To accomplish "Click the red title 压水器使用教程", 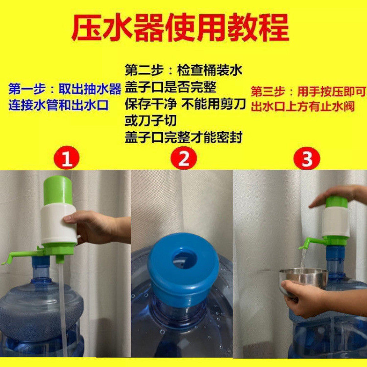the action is [180, 28].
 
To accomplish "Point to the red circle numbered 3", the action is [306, 158].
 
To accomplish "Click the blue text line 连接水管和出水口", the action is [59, 106].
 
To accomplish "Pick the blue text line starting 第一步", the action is [65, 89].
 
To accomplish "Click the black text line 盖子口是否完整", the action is [171, 87].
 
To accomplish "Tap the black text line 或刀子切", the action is [151, 121].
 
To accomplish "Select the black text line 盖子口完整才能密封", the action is [183, 137].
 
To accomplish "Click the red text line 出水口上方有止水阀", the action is [303, 106].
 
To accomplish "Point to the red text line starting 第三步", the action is [308, 91].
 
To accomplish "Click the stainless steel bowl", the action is [303, 279].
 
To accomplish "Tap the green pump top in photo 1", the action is [58, 190].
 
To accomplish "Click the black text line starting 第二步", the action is [183, 70].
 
